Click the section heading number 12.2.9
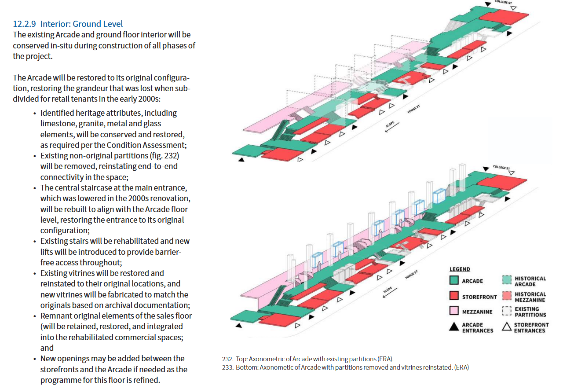coord(25,24)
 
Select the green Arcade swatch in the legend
coord(454,281)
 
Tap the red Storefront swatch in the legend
coord(454,297)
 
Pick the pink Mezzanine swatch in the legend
coord(454,312)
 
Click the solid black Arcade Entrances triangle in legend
coord(454,327)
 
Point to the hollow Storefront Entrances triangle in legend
coord(507,327)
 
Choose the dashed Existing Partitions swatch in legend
coord(507,312)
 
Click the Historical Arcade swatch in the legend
coord(507,281)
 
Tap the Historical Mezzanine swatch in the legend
coord(507,297)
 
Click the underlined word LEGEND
coord(460,269)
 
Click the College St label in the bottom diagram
coord(501,168)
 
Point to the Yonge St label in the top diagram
coord(414,110)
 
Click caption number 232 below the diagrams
coord(227,359)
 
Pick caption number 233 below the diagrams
coord(227,367)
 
